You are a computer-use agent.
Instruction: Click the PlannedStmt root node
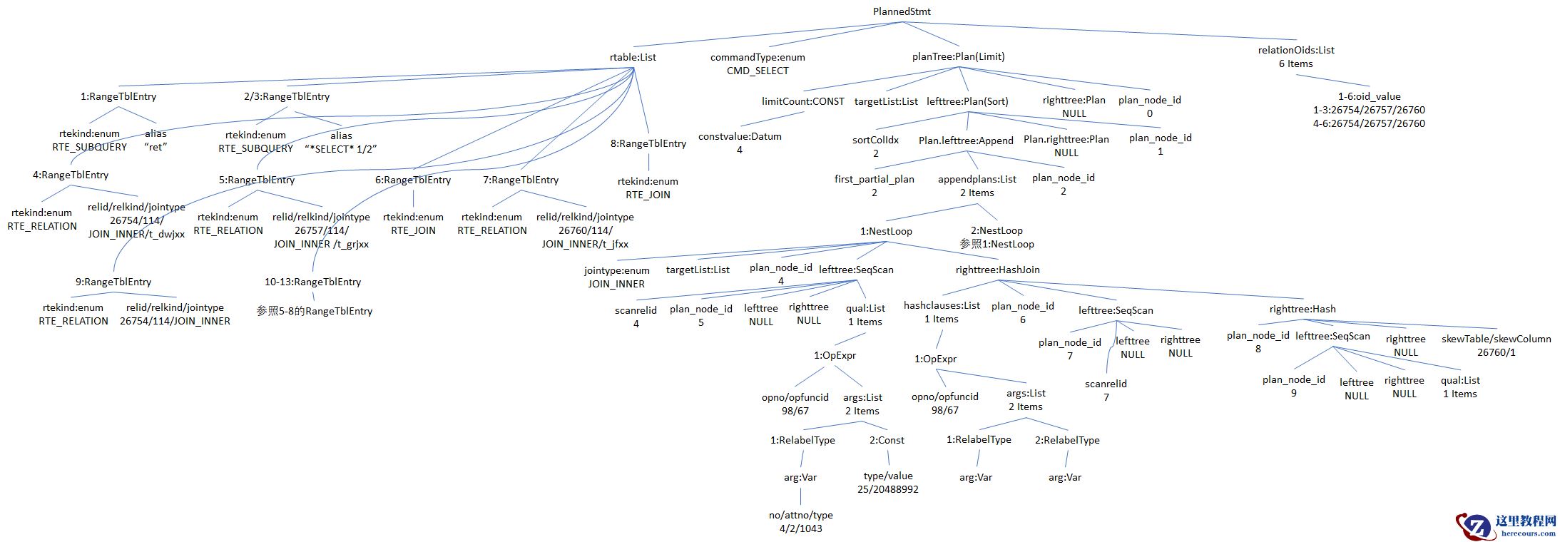[902, 11]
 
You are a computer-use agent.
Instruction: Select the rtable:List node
[633, 57]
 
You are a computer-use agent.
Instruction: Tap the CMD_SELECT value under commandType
[758, 71]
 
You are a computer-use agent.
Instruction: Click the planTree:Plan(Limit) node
[958, 56]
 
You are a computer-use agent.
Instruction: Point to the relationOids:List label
[1295, 50]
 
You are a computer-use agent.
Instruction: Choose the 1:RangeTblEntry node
[118, 96]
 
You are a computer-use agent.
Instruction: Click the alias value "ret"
[156, 147]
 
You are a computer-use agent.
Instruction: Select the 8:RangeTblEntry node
[648, 143]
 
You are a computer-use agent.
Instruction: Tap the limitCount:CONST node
[802, 101]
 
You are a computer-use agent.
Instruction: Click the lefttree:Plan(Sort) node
[967, 101]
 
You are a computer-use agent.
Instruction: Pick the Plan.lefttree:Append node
[966, 140]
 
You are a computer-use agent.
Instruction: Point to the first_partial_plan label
[874, 179]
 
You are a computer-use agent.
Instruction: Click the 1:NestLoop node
[886, 231]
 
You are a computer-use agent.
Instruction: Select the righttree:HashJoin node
[997, 270]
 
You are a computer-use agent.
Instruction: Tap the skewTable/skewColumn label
[1496, 339]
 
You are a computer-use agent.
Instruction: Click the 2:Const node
[887, 440]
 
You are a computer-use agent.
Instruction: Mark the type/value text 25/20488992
[887, 489]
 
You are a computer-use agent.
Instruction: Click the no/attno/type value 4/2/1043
[800, 528]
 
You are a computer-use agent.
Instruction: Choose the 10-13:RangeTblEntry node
[312, 282]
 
